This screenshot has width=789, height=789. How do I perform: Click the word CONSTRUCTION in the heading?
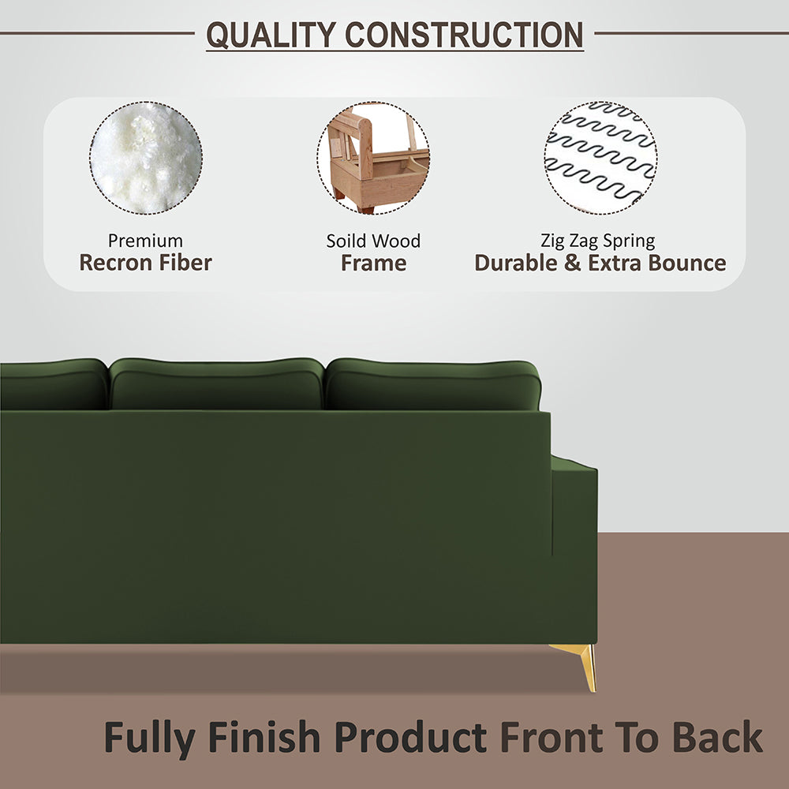pyautogui.click(x=464, y=35)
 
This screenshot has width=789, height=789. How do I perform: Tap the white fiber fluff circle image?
pyautogui.click(x=146, y=158)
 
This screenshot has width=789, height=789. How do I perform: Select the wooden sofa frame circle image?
pyautogui.click(x=374, y=158)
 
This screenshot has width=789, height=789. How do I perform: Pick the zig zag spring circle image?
pyautogui.click(x=600, y=158)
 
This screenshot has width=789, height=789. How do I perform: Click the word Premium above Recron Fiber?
pyautogui.click(x=145, y=241)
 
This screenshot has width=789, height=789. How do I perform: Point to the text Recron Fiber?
pyautogui.click(x=145, y=263)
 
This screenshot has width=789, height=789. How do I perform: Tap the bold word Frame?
pyautogui.click(x=373, y=263)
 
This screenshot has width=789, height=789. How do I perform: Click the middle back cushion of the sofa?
pyautogui.click(x=216, y=384)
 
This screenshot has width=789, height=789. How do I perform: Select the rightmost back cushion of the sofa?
pyautogui.click(x=432, y=384)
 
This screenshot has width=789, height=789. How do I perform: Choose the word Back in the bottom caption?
pyautogui.click(x=717, y=738)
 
